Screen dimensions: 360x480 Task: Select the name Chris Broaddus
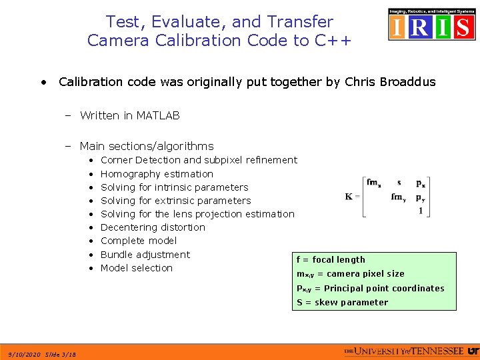(x=391, y=82)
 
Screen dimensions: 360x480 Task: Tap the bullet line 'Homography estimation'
(x=157, y=173)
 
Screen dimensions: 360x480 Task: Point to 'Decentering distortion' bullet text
(x=153, y=227)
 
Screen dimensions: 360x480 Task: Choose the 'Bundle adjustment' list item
(x=145, y=255)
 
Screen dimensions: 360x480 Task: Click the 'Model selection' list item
(x=137, y=268)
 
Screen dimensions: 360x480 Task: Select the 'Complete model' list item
(x=139, y=241)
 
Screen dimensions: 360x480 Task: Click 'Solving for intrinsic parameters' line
(x=174, y=187)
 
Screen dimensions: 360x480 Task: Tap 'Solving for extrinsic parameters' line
(x=175, y=201)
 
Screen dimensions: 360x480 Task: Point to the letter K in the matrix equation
(x=349, y=197)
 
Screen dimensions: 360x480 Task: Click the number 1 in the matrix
(x=421, y=211)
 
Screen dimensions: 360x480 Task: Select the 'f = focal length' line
(x=331, y=259)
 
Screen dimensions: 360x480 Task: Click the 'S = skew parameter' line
(x=343, y=303)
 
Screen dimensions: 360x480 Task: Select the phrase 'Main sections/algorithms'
(x=147, y=146)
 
